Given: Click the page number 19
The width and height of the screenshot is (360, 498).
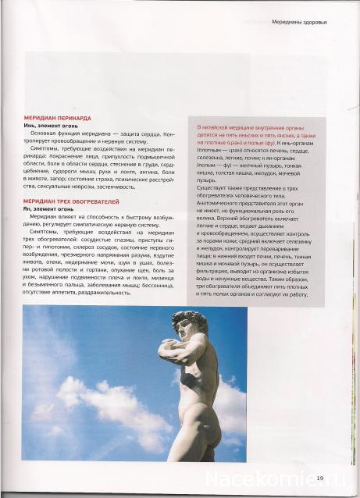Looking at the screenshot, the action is tap(320, 478).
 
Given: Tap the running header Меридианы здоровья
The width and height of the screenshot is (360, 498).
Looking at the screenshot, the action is tap(299, 22).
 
